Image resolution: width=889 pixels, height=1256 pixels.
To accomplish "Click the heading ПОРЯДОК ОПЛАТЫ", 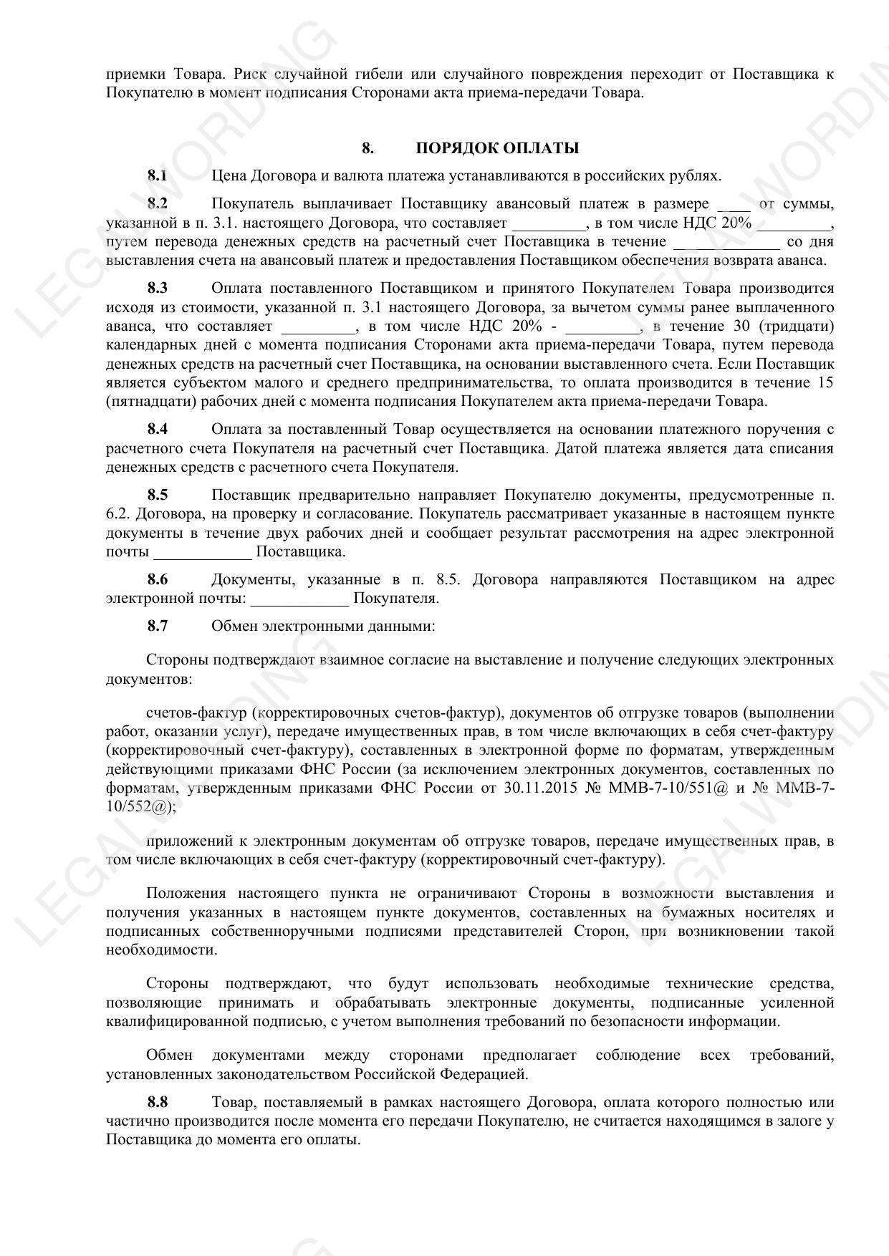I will (x=497, y=148).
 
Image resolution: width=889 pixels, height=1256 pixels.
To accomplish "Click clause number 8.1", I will (x=158, y=175).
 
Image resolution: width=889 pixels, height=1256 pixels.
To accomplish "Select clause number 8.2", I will (x=158, y=204).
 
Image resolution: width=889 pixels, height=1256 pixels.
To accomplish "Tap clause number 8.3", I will (x=158, y=288).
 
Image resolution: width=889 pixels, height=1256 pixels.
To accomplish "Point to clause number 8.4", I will (x=158, y=429).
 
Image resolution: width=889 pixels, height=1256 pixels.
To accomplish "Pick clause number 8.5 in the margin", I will (x=158, y=495).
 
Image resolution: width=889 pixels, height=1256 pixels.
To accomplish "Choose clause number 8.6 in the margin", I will (x=158, y=579).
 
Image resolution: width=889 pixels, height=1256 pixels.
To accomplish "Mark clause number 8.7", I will (x=158, y=626).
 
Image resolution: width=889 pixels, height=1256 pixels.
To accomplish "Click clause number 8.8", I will (x=158, y=1101).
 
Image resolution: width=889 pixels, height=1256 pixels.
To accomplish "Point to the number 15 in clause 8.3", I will (x=825, y=382).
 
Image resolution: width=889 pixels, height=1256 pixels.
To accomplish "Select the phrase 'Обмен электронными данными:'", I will (x=323, y=626).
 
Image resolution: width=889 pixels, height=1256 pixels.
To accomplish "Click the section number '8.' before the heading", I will (x=367, y=148).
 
